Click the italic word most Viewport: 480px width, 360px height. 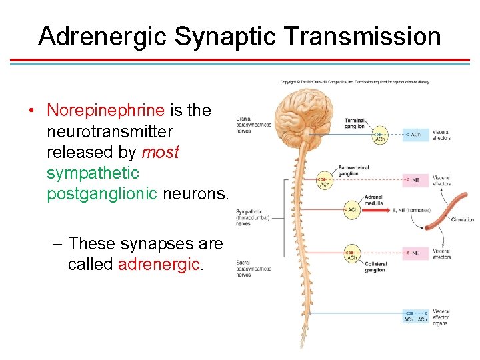160,152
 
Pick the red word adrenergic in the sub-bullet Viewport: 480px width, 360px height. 159,264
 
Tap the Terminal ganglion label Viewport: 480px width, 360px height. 355,124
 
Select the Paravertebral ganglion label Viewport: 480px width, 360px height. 353,171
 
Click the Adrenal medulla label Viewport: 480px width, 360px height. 373,200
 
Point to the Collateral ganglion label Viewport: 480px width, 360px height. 375,267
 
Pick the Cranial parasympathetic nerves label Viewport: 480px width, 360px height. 253,125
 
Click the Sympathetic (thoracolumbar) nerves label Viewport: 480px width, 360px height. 253,217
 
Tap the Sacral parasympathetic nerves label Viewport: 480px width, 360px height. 253,269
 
